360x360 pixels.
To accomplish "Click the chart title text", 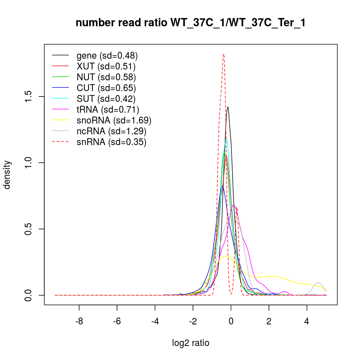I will point(190,23).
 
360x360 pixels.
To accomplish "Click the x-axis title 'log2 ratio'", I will point(190,343).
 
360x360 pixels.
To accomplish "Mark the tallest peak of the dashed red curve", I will point(224,54).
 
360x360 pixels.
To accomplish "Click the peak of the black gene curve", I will point(228,107).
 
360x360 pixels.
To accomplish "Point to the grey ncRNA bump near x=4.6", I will point(318,283).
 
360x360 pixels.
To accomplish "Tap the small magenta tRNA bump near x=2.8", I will point(284,292).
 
